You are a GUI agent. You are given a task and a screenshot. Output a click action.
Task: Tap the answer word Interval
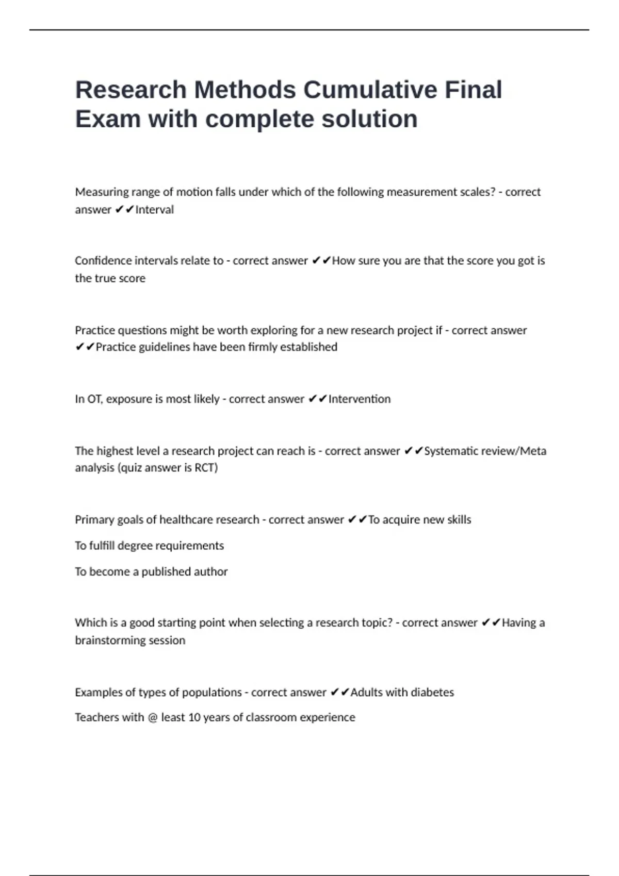tap(155, 210)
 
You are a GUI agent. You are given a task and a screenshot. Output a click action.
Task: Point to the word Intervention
tap(360, 399)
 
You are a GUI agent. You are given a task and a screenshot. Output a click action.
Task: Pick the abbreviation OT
tap(94, 399)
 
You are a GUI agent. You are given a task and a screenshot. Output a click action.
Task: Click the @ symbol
tap(152, 718)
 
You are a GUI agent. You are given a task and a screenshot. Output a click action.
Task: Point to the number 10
tap(194, 718)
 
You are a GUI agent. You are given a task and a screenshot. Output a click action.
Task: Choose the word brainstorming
tap(109, 641)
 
